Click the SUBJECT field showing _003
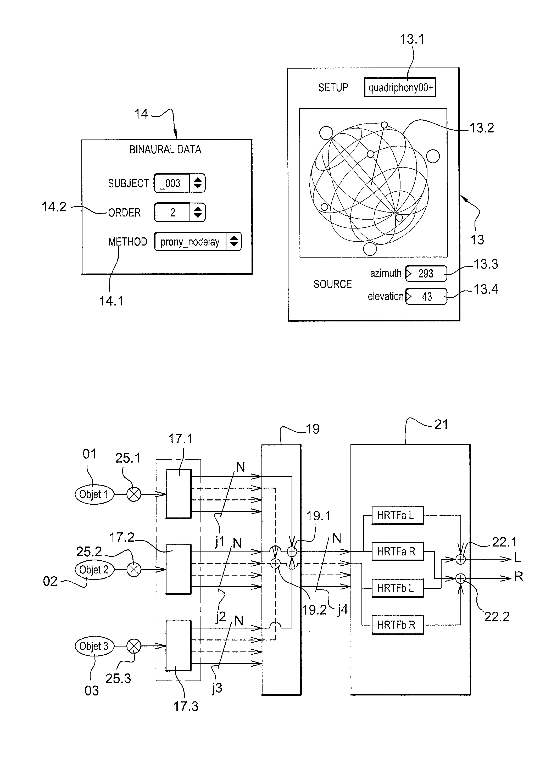point(172,183)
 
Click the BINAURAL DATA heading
point(165,149)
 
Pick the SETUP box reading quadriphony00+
point(400,88)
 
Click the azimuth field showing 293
point(426,274)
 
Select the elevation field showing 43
point(426,296)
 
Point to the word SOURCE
point(332,284)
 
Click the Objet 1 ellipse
point(94,495)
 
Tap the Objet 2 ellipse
point(94,570)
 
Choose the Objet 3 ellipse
point(94,646)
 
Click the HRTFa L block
point(397,515)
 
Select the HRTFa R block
point(397,552)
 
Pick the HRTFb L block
point(397,588)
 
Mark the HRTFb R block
point(397,625)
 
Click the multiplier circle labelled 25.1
point(134,495)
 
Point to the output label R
point(519,577)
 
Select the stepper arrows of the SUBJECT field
point(198,183)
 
